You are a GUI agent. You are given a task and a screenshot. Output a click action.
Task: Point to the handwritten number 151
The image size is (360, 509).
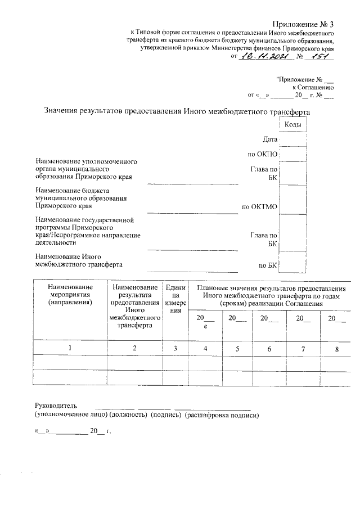pos(321,56)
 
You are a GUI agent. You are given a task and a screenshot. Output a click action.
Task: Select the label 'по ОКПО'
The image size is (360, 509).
pos(263,154)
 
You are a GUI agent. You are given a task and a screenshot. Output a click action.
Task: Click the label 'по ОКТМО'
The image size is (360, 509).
pos(259,207)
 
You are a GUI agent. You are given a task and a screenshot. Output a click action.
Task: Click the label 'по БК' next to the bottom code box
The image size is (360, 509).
pos(266,264)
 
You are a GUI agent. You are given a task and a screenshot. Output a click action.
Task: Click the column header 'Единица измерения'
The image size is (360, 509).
pos(175,299)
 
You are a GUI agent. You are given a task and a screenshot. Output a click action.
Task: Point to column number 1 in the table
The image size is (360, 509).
pos(70,348)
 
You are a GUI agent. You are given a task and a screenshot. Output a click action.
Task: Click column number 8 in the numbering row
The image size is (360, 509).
pos(337,349)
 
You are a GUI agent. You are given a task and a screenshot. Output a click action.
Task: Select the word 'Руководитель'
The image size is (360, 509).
pos(56,405)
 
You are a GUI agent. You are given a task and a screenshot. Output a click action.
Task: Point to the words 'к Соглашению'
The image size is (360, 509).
pos(313,87)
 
